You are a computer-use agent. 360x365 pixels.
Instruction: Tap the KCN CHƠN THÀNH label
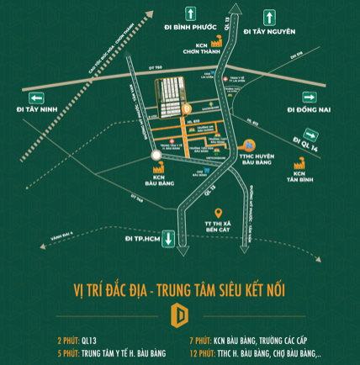[194, 49]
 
